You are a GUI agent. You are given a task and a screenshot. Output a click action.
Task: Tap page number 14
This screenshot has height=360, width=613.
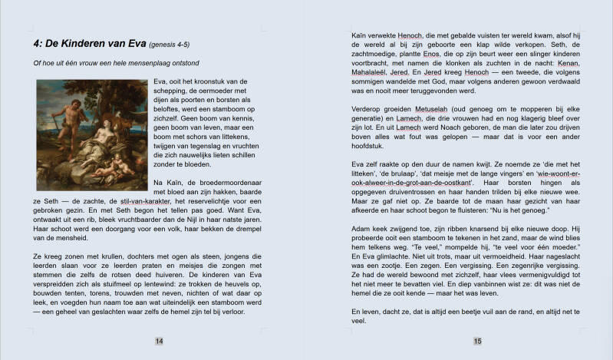click(x=159, y=341)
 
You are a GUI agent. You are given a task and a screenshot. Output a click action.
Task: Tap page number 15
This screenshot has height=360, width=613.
click(x=477, y=341)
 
